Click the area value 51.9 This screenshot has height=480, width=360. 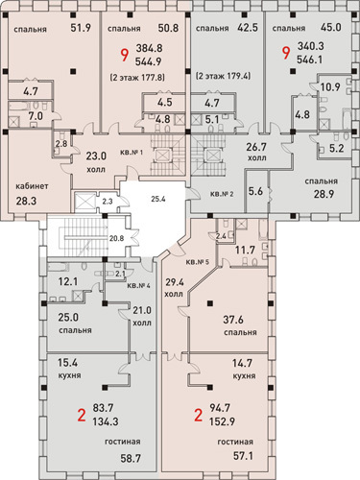click(81, 28)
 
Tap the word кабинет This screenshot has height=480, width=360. click(32, 186)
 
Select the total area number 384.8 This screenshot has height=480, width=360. click(149, 48)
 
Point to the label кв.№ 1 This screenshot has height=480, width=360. click(132, 153)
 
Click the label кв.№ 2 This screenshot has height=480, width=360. click(222, 194)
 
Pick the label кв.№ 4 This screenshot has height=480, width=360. click(138, 285)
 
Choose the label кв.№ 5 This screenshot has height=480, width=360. click(198, 262)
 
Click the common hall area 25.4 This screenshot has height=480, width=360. click(158, 199)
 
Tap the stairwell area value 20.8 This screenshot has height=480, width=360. click(116, 238)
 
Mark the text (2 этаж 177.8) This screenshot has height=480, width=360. click(137, 77)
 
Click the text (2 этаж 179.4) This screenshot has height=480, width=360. click(223, 76)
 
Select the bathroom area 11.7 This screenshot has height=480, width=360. click(245, 250)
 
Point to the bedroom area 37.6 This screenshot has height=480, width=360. click(233, 320)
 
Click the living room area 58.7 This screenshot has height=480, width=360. click(131, 459)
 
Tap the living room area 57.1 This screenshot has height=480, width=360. click(243, 456)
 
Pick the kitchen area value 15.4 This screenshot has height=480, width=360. click(67, 363)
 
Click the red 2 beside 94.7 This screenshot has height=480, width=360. click(199, 416)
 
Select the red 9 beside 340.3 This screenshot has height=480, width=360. click(286, 53)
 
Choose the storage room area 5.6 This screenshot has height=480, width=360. click(255, 191)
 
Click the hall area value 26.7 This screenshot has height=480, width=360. click(256, 147)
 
